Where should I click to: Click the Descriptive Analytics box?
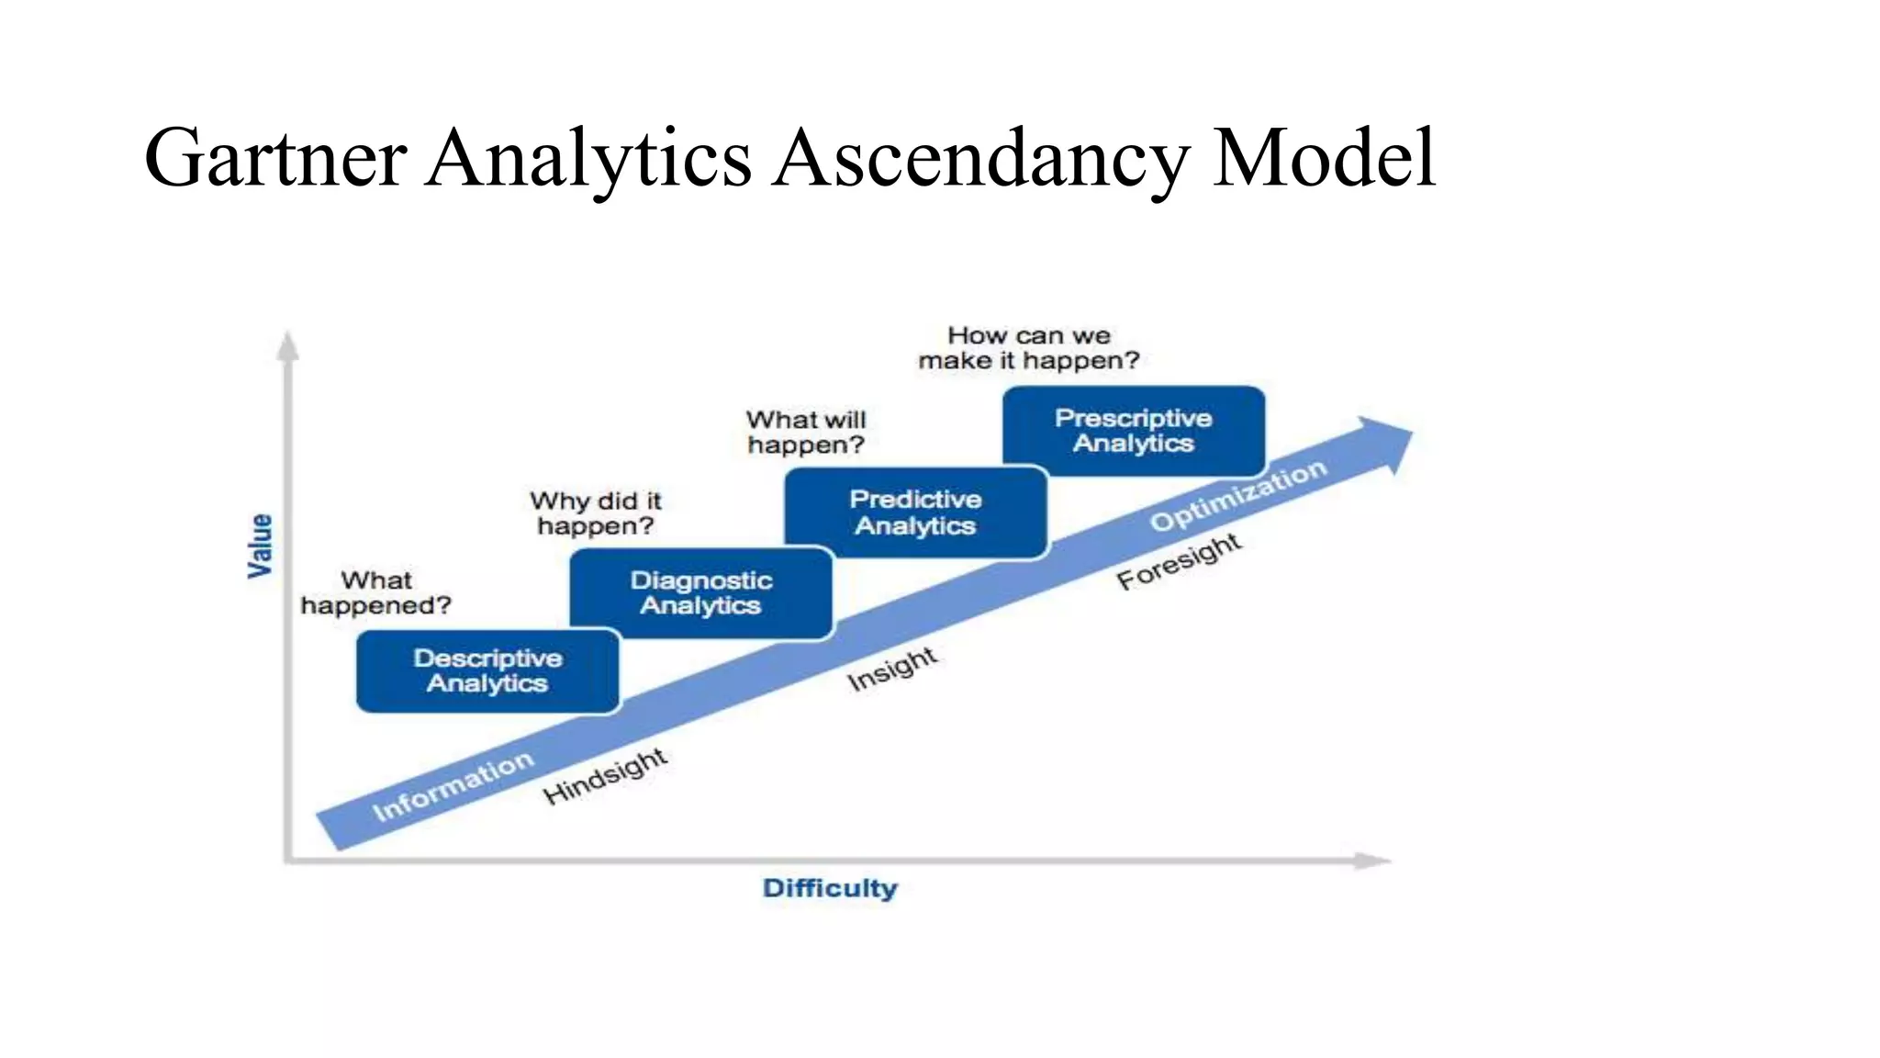[487, 671]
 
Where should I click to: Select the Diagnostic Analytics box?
[701, 593]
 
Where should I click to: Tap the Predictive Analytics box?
[915, 512]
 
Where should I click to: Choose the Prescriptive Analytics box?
[1134, 431]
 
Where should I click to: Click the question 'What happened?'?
[376, 593]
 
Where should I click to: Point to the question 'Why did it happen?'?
[596, 513]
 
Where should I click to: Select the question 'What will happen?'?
[806, 433]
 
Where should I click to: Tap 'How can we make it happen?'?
[1029, 348]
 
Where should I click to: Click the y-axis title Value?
[261, 546]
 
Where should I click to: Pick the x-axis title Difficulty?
[830, 889]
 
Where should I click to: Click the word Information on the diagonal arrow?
[453, 786]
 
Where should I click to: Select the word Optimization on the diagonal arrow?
[1238, 495]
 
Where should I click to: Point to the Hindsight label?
[605, 776]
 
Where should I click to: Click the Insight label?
[892, 669]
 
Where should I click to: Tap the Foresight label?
[1180, 561]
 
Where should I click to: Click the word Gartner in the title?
[275, 158]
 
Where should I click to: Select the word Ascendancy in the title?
[979, 158]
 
